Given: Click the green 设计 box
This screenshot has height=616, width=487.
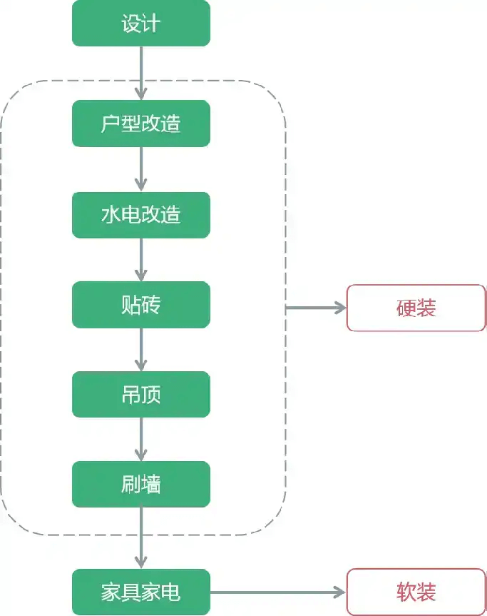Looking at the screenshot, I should pyautogui.click(x=141, y=23).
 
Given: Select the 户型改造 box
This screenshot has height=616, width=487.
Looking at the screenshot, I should pyautogui.click(x=141, y=123).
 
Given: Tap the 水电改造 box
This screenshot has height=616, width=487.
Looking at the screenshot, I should pyautogui.click(x=141, y=214).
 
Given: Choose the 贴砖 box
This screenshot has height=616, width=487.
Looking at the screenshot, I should pyautogui.click(x=141, y=305).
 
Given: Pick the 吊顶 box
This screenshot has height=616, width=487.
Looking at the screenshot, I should pyautogui.click(x=141, y=394).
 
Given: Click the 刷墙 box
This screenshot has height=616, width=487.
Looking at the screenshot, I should pyautogui.click(x=141, y=484).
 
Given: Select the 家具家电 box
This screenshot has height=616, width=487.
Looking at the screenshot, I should pyautogui.click(x=141, y=592).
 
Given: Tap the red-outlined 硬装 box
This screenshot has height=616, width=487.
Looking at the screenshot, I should pyautogui.click(x=416, y=308).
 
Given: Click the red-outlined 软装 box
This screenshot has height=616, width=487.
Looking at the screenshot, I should pyautogui.click(x=416, y=592).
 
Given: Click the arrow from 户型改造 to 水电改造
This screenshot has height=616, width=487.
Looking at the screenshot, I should pyautogui.click(x=141, y=169).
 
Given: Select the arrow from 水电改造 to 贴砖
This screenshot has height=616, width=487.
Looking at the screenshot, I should pyautogui.click(x=141, y=259).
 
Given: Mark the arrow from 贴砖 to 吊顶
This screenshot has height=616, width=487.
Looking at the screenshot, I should pyautogui.click(x=141, y=349).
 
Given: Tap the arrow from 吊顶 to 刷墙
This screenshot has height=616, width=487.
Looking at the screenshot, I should pyautogui.click(x=141, y=439).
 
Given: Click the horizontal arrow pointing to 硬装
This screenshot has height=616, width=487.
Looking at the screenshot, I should pyautogui.click(x=316, y=308).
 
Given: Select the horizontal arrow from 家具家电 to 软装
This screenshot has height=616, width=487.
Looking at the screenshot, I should pyautogui.click(x=278, y=592).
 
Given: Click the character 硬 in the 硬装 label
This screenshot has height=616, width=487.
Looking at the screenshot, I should pyautogui.click(x=406, y=308).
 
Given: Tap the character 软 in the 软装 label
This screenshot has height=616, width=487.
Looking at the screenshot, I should pyautogui.click(x=406, y=592).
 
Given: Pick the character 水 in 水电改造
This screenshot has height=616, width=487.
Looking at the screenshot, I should pyautogui.click(x=111, y=214).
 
